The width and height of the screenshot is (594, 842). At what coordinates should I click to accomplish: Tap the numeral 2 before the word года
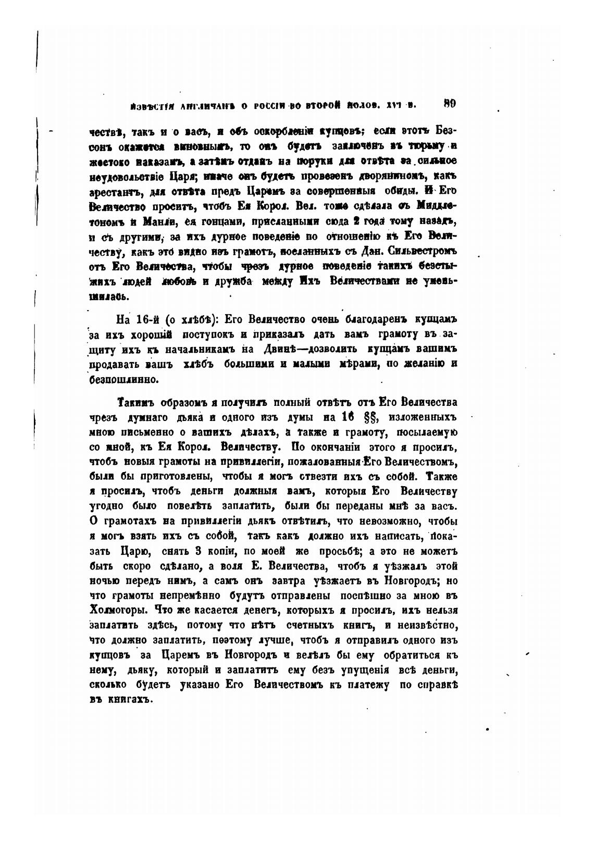[x=341, y=221]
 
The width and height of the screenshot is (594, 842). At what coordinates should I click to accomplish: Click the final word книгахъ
[x=130, y=700]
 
